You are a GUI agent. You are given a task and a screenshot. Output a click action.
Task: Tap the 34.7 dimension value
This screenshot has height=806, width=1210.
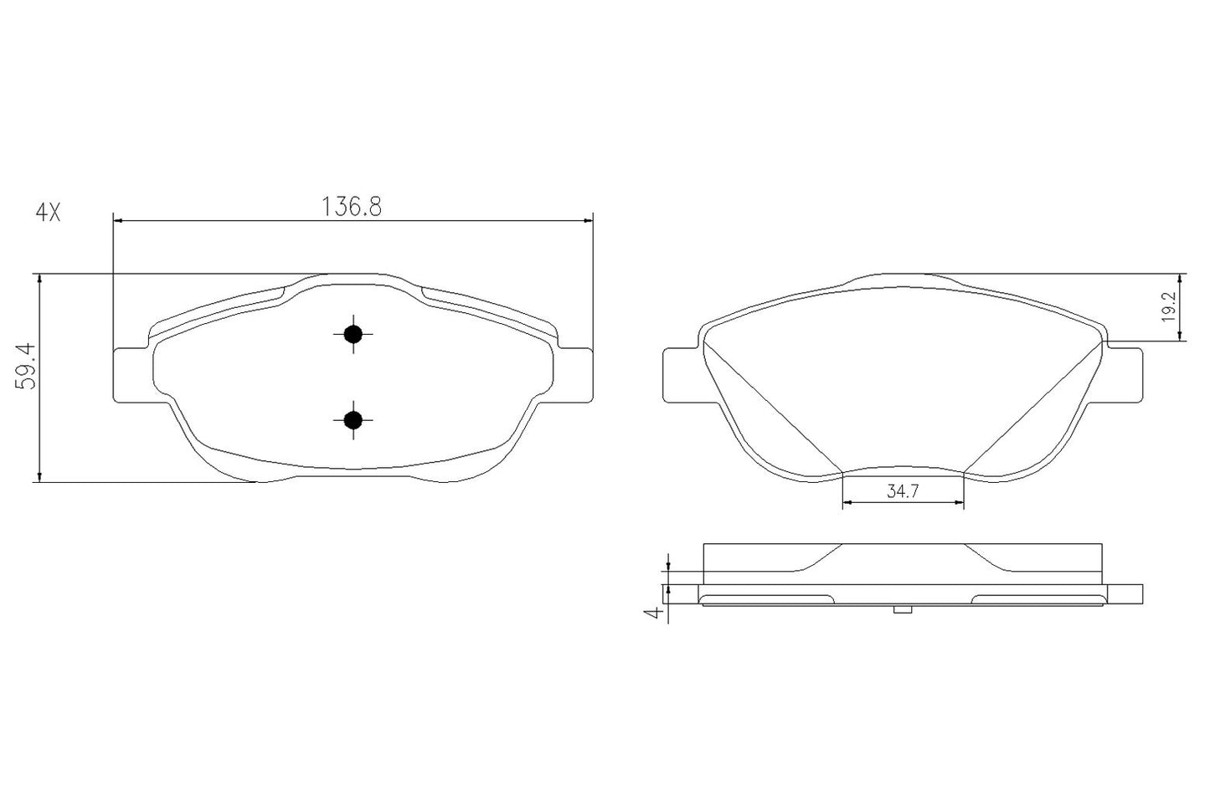pos(903,493)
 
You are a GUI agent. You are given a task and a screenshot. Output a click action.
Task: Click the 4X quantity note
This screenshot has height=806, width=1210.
pos(48,213)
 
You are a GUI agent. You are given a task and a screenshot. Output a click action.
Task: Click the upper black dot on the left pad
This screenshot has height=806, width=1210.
pos(353,334)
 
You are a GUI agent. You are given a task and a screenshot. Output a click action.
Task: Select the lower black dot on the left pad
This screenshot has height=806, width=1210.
pos(353,419)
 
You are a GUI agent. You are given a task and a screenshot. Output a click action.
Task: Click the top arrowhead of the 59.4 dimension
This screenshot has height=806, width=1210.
pos(39,280)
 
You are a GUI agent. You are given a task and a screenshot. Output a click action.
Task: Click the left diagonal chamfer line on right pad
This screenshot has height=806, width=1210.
pos(770,408)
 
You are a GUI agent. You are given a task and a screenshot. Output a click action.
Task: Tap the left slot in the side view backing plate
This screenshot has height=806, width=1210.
pos(766,598)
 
